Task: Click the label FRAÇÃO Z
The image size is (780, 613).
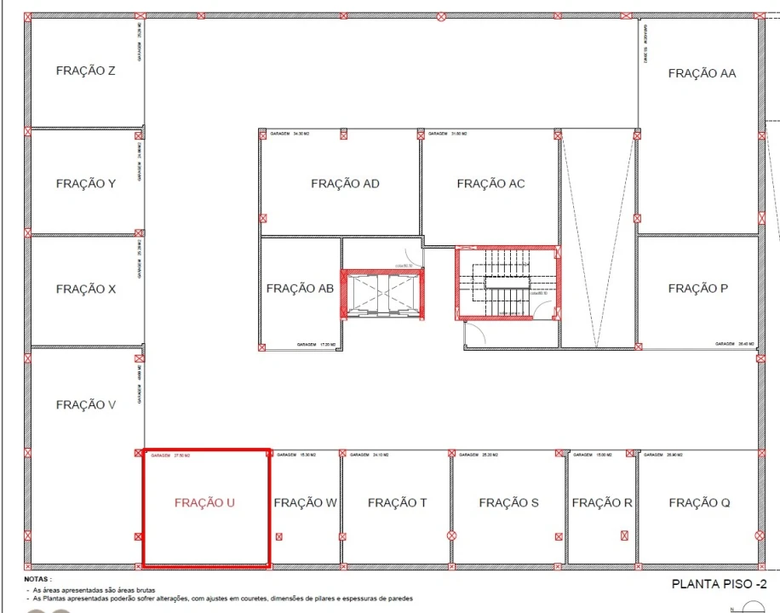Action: (x=85, y=71)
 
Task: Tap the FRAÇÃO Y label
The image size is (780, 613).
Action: (x=85, y=183)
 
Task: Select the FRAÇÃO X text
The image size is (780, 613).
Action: (x=85, y=289)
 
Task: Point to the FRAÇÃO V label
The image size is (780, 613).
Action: (x=85, y=404)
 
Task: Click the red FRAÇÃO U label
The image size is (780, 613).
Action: (x=204, y=502)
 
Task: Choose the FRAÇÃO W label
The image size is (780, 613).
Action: (x=305, y=502)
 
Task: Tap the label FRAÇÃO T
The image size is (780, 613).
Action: (x=397, y=502)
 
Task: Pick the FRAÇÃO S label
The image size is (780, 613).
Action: (x=508, y=502)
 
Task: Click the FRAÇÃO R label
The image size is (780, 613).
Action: (x=601, y=502)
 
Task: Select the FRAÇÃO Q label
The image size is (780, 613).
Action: (x=699, y=502)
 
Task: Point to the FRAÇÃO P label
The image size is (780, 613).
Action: (x=697, y=289)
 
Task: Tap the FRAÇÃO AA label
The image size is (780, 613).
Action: (x=702, y=73)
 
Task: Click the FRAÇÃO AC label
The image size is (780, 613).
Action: (x=490, y=183)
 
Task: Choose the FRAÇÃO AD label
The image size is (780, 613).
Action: (x=345, y=183)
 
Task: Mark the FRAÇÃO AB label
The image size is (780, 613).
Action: (x=300, y=289)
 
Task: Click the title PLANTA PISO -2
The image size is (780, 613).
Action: (x=720, y=583)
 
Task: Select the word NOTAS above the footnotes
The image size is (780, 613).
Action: (x=37, y=579)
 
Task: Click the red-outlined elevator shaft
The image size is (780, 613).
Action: (x=382, y=295)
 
